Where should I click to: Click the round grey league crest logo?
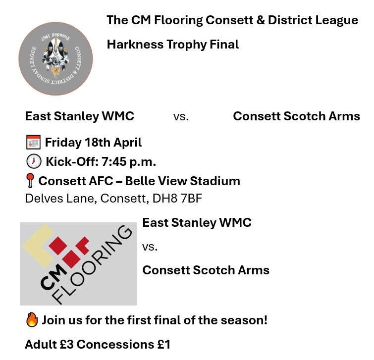tap(55, 58)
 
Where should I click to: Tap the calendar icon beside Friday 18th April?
tap(33, 143)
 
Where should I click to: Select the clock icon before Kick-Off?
tap(33, 162)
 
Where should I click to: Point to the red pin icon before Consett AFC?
tap(30, 181)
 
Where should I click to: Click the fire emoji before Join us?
tap(32, 320)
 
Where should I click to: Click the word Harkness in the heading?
tap(129, 44)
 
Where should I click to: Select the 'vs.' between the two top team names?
tap(181, 117)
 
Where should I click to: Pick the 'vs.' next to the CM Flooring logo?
tap(150, 247)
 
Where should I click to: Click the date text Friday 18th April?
tap(93, 143)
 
